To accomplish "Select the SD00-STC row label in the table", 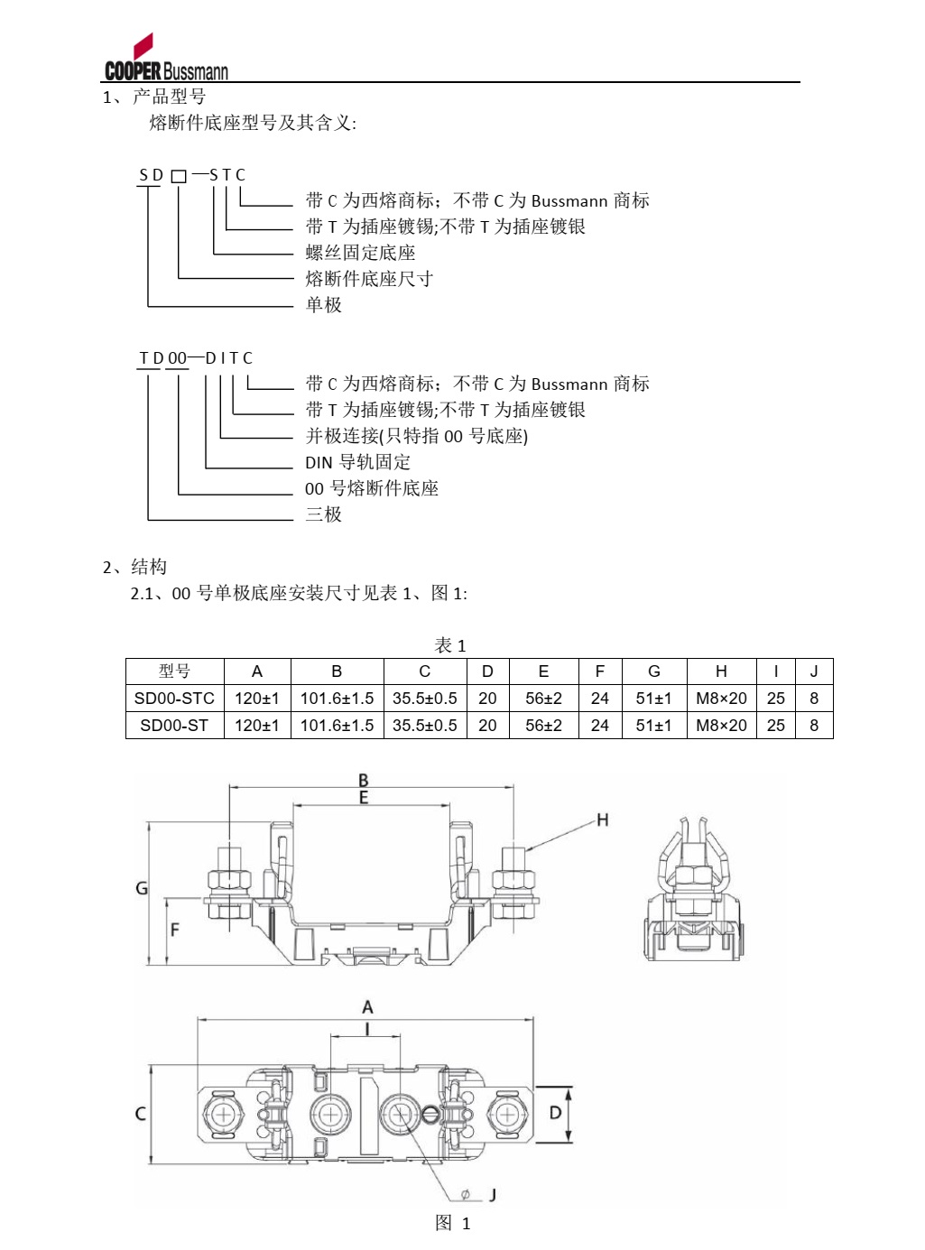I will pos(174,699).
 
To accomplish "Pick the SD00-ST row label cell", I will pos(174,726).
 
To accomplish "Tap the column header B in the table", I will pos(337,671).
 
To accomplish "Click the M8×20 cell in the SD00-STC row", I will pos(721,699).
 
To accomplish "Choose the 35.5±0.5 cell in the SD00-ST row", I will pos(424,726).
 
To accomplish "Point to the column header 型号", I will pos(174,671).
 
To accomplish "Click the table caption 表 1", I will pos(450,645).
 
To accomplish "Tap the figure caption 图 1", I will pos(453,1223).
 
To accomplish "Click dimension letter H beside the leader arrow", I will pos(603,819).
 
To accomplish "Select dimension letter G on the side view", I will pos(142,888).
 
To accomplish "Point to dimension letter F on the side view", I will pos(174,929).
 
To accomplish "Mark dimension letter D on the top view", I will pos(555,1113).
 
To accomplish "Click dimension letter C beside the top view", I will pos(141,1114).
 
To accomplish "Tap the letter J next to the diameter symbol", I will pos(493,1195).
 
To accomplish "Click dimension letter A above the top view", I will pos(367,1006).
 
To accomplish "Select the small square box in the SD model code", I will pos(179,177).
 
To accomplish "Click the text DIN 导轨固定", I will pos(357,462).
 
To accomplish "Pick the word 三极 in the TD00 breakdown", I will pos(323,514).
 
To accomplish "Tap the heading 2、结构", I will pos(134,567).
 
